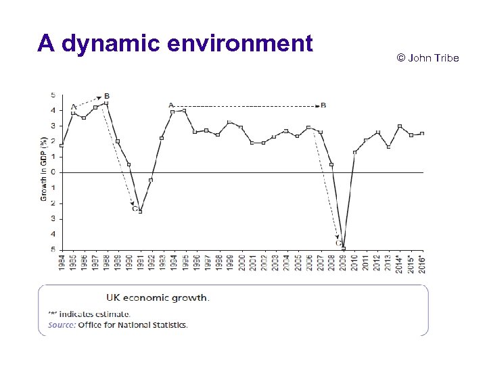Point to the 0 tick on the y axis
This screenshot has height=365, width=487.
click(x=53, y=172)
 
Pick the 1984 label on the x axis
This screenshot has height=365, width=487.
click(x=62, y=262)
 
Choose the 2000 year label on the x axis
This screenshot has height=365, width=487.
click(x=241, y=262)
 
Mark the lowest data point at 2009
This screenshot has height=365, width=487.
click(x=344, y=249)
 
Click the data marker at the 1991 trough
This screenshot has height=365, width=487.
click(x=140, y=211)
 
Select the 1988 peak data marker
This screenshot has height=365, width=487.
click(x=106, y=103)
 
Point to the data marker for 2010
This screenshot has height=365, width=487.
click(x=354, y=152)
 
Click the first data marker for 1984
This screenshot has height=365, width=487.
click(x=62, y=145)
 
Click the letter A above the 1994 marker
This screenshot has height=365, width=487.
click(x=170, y=105)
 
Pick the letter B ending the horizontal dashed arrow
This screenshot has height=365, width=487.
click(x=323, y=105)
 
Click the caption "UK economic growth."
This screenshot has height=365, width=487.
click(x=158, y=297)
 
